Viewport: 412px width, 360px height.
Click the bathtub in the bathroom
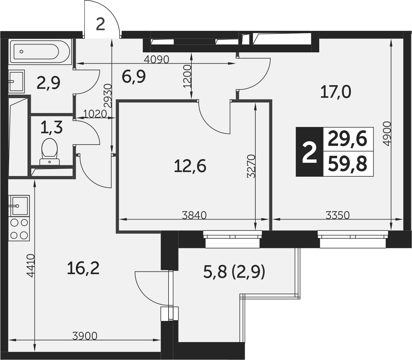click(40, 52)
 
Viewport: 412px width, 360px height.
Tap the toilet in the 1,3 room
click(49, 151)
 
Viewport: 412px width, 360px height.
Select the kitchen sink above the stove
click(19, 206)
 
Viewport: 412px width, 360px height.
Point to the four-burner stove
click(19, 229)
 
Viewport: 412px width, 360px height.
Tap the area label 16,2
click(83, 268)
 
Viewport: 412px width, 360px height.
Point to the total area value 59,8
click(348, 164)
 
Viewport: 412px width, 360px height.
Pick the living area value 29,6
click(348, 139)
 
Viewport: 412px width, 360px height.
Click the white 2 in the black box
click(309, 152)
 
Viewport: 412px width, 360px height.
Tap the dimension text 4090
click(157, 59)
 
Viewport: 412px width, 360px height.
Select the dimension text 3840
click(194, 215)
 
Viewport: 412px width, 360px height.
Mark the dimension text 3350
click(337, 215)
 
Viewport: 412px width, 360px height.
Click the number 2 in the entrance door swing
click(100, 24)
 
